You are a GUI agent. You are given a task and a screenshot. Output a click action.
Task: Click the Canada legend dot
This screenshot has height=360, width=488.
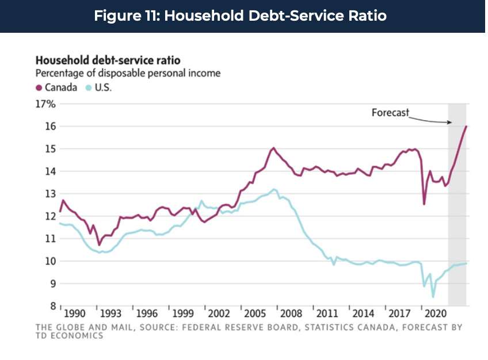coord(39,88)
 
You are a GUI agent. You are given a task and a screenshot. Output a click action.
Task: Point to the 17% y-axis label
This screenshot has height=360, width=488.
coord(45,104)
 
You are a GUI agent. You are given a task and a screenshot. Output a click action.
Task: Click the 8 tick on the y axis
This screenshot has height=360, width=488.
coord(51,306)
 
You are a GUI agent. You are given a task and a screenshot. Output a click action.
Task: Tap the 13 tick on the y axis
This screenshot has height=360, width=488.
coord(49,194)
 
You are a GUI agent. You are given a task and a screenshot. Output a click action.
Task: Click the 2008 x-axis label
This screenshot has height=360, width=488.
coord(292,314)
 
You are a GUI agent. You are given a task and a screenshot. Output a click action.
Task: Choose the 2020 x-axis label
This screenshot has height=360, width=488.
coord(436,314)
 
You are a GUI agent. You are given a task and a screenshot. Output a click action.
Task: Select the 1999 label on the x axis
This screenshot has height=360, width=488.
coord(183,314)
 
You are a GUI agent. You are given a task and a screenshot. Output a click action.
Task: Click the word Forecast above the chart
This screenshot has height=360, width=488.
coord(390,113)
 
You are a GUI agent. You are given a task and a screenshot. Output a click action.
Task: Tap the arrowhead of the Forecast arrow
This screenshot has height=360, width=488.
coord(449,122)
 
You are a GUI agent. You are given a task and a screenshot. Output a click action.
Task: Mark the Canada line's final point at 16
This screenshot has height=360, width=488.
coord(466,127)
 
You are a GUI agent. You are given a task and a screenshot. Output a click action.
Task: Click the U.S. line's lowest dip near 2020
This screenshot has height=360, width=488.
coord(433,297)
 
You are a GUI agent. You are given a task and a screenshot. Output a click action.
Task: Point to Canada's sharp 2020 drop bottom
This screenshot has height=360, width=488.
coord(424,204)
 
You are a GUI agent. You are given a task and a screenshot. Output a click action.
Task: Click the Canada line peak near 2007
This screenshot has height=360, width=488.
coord(273,148)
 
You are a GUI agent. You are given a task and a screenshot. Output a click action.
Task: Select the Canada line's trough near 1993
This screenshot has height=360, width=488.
coord(99,245)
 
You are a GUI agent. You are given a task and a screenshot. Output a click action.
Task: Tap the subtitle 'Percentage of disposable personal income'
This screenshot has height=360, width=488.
coord(128,74)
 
